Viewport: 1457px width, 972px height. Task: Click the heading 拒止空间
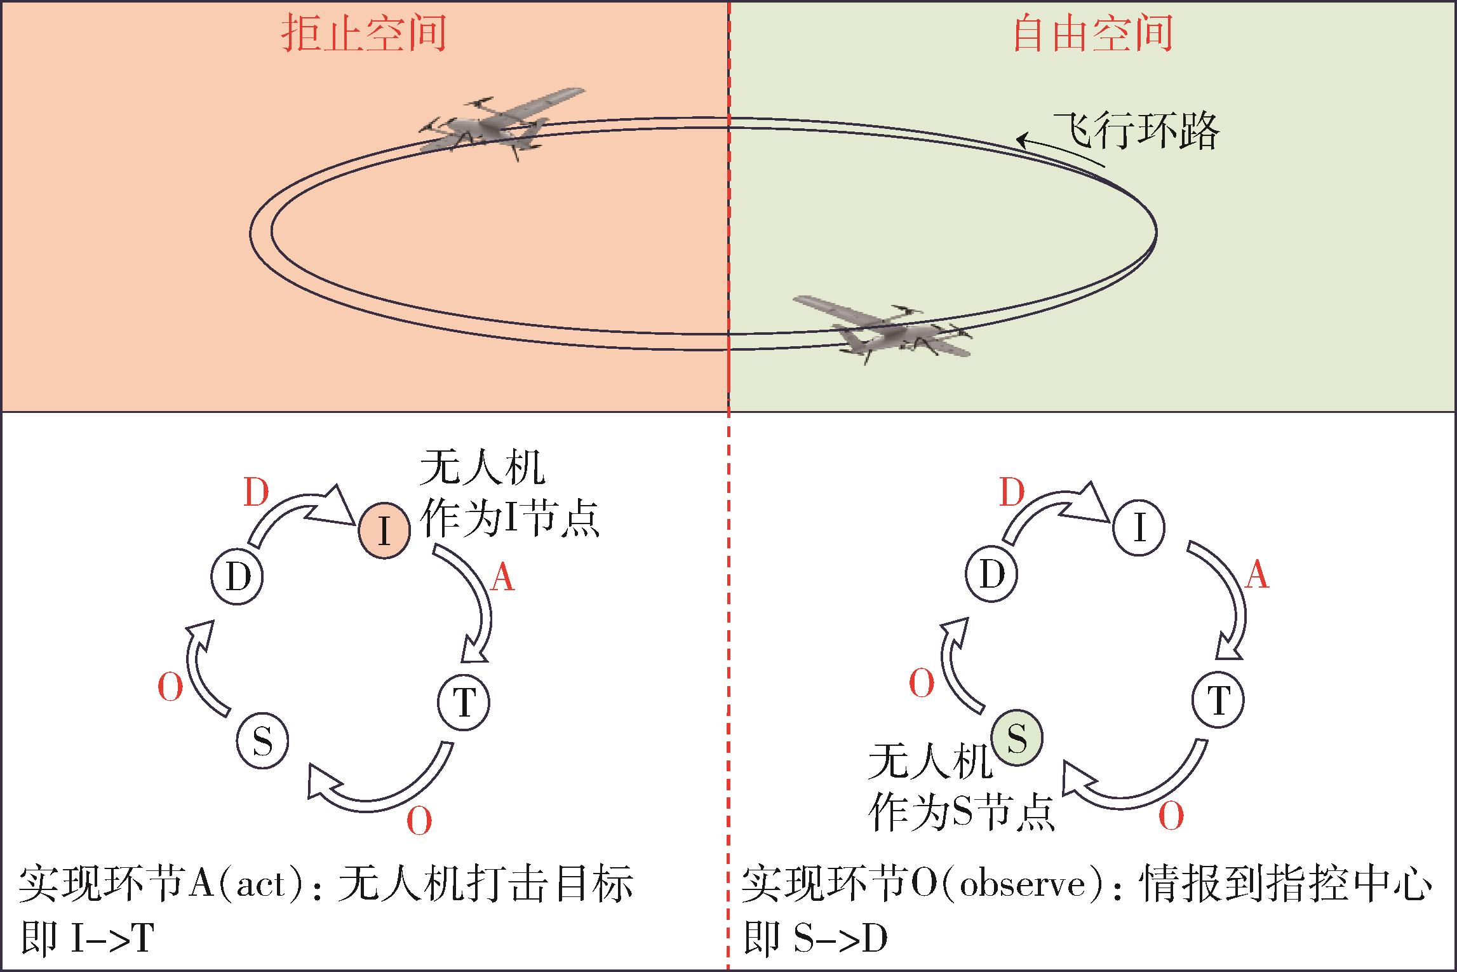point(363,34)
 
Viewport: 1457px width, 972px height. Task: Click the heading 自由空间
point(1091,34)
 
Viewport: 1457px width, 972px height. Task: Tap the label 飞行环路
point(1136,132)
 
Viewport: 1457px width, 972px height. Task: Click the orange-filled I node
point(384,530)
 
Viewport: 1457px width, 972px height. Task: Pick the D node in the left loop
point(238,578)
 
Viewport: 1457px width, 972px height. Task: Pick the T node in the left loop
point(464,702)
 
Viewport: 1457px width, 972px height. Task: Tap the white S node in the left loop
point(262,741)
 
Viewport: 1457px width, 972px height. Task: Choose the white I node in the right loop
point(1139,528)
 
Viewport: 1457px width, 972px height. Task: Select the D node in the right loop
point(991,574)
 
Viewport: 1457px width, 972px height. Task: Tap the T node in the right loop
point(1218,699)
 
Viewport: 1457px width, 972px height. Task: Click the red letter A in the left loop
point(502,578)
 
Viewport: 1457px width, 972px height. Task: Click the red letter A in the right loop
point(1256,576)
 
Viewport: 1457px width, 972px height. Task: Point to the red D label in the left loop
point(257,493)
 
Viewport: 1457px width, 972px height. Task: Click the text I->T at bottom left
point(112,938)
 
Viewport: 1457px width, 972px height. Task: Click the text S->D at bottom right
point(840,938)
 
